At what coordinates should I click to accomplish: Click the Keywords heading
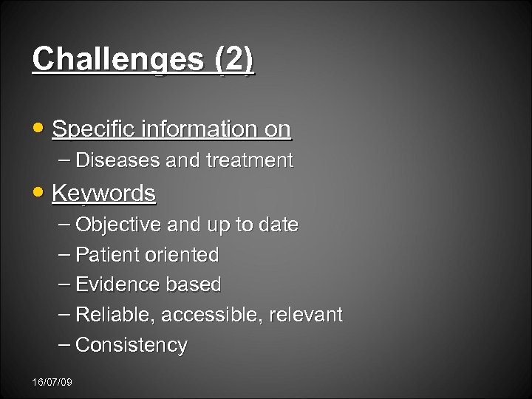click(103, 194)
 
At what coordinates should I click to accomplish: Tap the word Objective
click(119, 225)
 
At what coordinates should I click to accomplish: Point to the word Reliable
click(115, 315)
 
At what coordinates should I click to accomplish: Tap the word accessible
click(212, 315)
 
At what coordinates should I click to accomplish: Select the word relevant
click(306, 315)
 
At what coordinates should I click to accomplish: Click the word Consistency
click(132, 345)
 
